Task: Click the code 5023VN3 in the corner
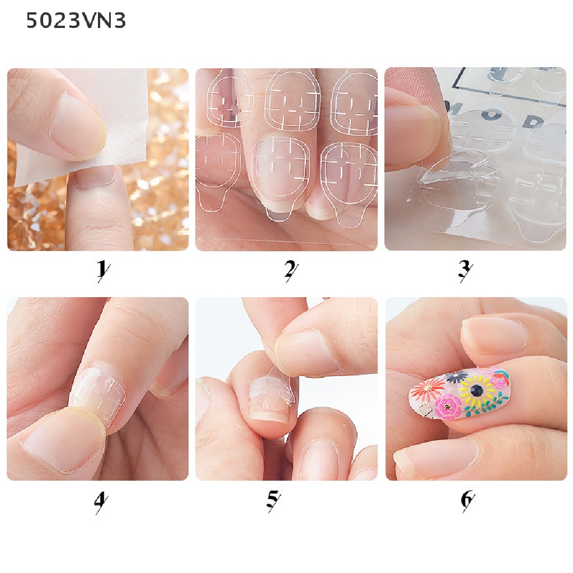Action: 76,21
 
